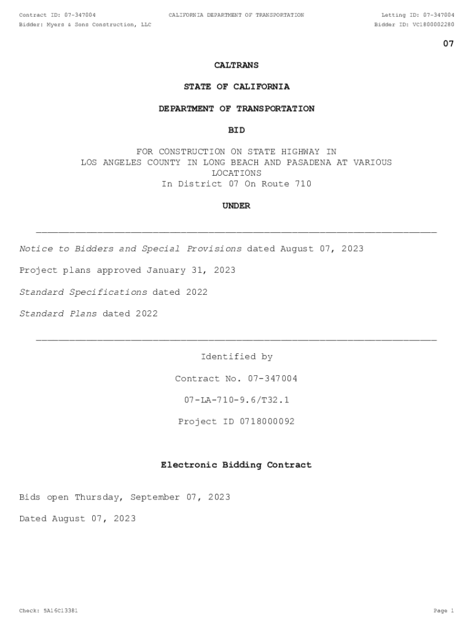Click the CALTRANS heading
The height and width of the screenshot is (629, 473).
point(237,65)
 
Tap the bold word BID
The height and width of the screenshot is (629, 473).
point(237,130)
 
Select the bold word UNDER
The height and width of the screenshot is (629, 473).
point(237,206)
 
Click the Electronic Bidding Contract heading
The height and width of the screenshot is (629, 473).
point(237,465)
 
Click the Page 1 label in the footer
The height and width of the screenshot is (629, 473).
point(444,611)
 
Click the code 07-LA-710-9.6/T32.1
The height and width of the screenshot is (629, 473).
point(237,400)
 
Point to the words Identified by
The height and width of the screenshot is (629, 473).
point(237,356)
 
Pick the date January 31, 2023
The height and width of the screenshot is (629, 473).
point(190,270)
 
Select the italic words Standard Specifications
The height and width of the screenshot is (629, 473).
point(83,292)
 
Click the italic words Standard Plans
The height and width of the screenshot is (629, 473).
point(58,313)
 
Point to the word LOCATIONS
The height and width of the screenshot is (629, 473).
point(237,173)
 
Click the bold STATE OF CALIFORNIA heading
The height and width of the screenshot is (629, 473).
point(237,87)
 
